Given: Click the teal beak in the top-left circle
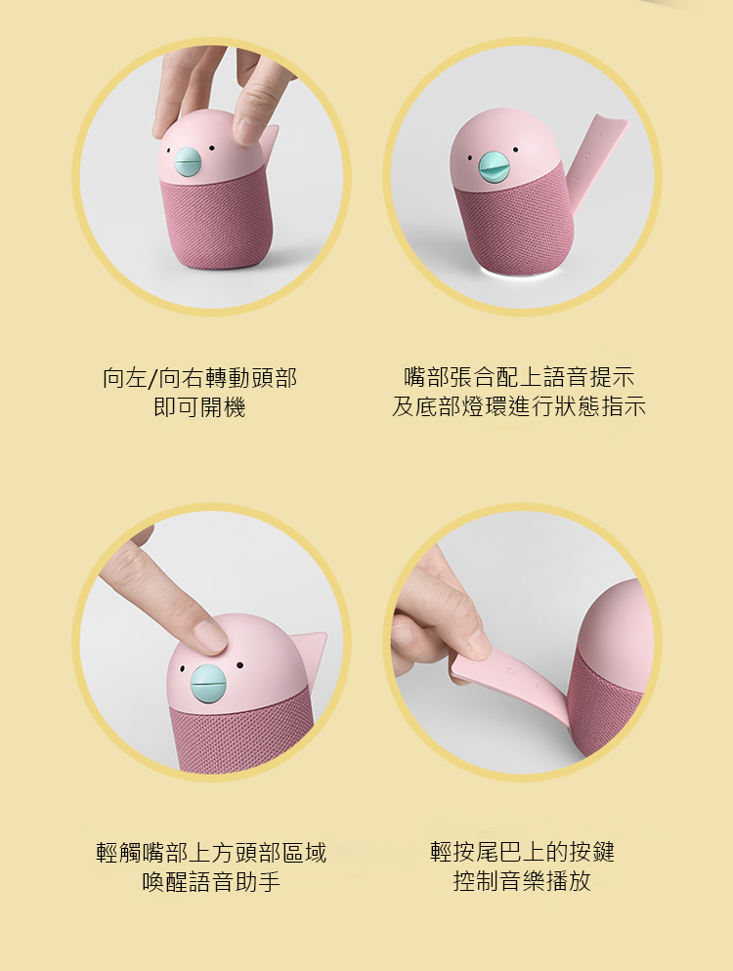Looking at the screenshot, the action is coord(188,162).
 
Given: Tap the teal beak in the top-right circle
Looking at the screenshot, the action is coord(494,167).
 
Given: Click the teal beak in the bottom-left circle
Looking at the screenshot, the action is coord(208,684).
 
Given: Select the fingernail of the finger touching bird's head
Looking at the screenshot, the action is coord(209,635).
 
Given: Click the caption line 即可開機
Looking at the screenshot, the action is coord(199,406).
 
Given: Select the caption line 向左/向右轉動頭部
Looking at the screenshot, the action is coord(199,378).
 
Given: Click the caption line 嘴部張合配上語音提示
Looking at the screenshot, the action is coord(519,376).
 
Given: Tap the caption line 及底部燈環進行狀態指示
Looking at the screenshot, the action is coord(519,406).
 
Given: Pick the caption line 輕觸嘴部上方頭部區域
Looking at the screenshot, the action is coord(211,852).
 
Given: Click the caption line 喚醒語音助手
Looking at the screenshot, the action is coord(211,881).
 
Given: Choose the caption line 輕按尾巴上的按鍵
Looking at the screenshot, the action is coord(522,852).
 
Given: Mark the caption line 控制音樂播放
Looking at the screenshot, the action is coord(522,880).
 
